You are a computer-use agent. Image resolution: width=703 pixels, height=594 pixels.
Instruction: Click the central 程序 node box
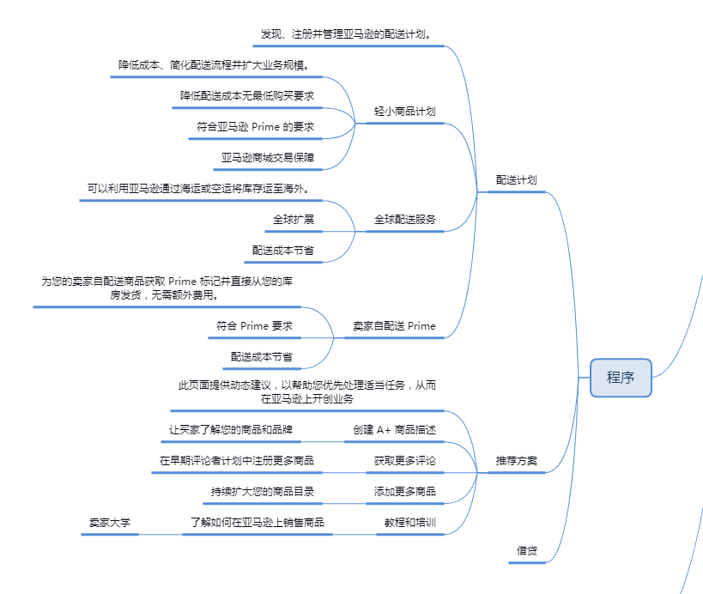pyautogui.click(x=621, y=378)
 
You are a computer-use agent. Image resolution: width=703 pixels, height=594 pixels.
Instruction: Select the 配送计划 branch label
pyautogui.click(x=517, y=180)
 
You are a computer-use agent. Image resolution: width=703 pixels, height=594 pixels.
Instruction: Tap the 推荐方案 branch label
pyautogui.click(x=517, y=461)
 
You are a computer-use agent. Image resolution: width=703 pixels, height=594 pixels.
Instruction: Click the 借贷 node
pyautogui.click(x=527, y=550)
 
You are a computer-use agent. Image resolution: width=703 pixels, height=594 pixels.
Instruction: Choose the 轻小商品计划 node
pyautogui.click(x=405, y=112)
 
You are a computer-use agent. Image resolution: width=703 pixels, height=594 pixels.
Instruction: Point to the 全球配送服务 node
pyautogui.click(x=405, y=220)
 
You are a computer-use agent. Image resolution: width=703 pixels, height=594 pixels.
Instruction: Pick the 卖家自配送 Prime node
pyautogui.click(x=395, y=326)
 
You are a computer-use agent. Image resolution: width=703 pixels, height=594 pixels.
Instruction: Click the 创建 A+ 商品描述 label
pyautogui.click(x=395, y=429)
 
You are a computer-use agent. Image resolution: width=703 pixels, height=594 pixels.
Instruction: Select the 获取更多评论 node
pyautogui.click(x=405, y=461)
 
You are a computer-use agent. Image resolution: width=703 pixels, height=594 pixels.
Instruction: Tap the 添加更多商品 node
pyautogui.click(x=405, y=492)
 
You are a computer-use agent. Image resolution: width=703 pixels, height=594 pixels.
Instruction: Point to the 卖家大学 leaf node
pyautogui.click(x=110, y=522)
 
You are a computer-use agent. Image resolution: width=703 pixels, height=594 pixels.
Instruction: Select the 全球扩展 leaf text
pyautogui.click(x=294, y=220)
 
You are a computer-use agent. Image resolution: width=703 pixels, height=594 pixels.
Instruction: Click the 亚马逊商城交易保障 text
pyautogui.click(x=268, y=158)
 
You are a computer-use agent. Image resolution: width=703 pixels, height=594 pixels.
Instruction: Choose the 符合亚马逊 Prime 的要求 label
pyautogui.click(x=255, y=126)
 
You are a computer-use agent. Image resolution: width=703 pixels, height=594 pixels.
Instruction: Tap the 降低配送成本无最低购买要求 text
pyautogui.click(x=247, y=95)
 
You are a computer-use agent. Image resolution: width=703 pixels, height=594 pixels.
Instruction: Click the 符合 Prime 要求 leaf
pyautogui.click(x=255, y=326)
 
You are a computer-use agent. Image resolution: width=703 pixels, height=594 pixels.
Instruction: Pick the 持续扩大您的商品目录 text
pyautogui.click(x=263, y=492)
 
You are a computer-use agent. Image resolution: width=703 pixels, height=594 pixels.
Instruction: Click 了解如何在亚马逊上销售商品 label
pyautogui.click(x=258, y=522)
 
